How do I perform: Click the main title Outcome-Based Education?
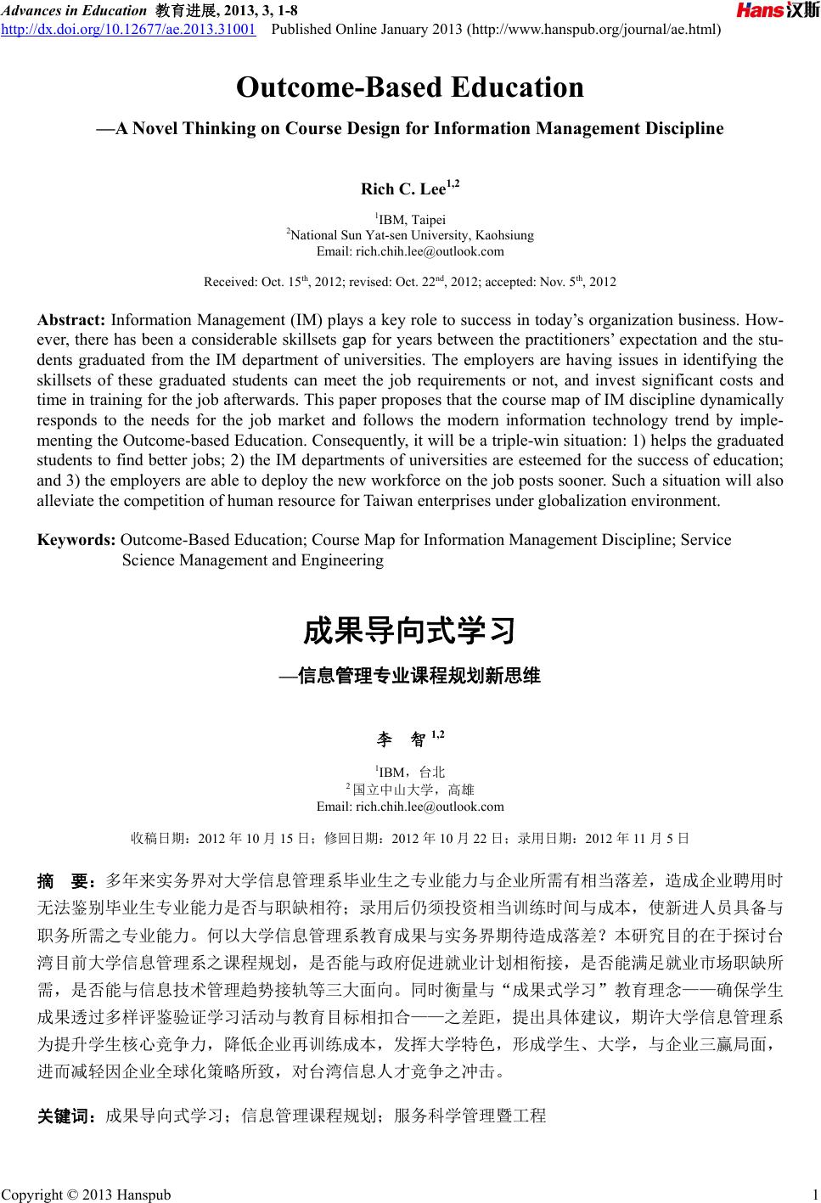point(410,87)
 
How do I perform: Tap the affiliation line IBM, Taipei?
point(412,220)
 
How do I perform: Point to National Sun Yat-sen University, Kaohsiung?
point(410,235)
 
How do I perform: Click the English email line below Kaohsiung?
point(410,251)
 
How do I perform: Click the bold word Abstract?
point(71,321)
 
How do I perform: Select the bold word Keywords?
point(77,540)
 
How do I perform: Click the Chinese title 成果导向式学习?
point(410,632)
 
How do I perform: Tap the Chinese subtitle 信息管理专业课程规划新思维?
point(419,677)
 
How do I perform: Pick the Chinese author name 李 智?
point(402,739)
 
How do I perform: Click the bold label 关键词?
point(68,1116)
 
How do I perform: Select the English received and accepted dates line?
point(410,282)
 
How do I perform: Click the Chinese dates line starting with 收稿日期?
point(410,839)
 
